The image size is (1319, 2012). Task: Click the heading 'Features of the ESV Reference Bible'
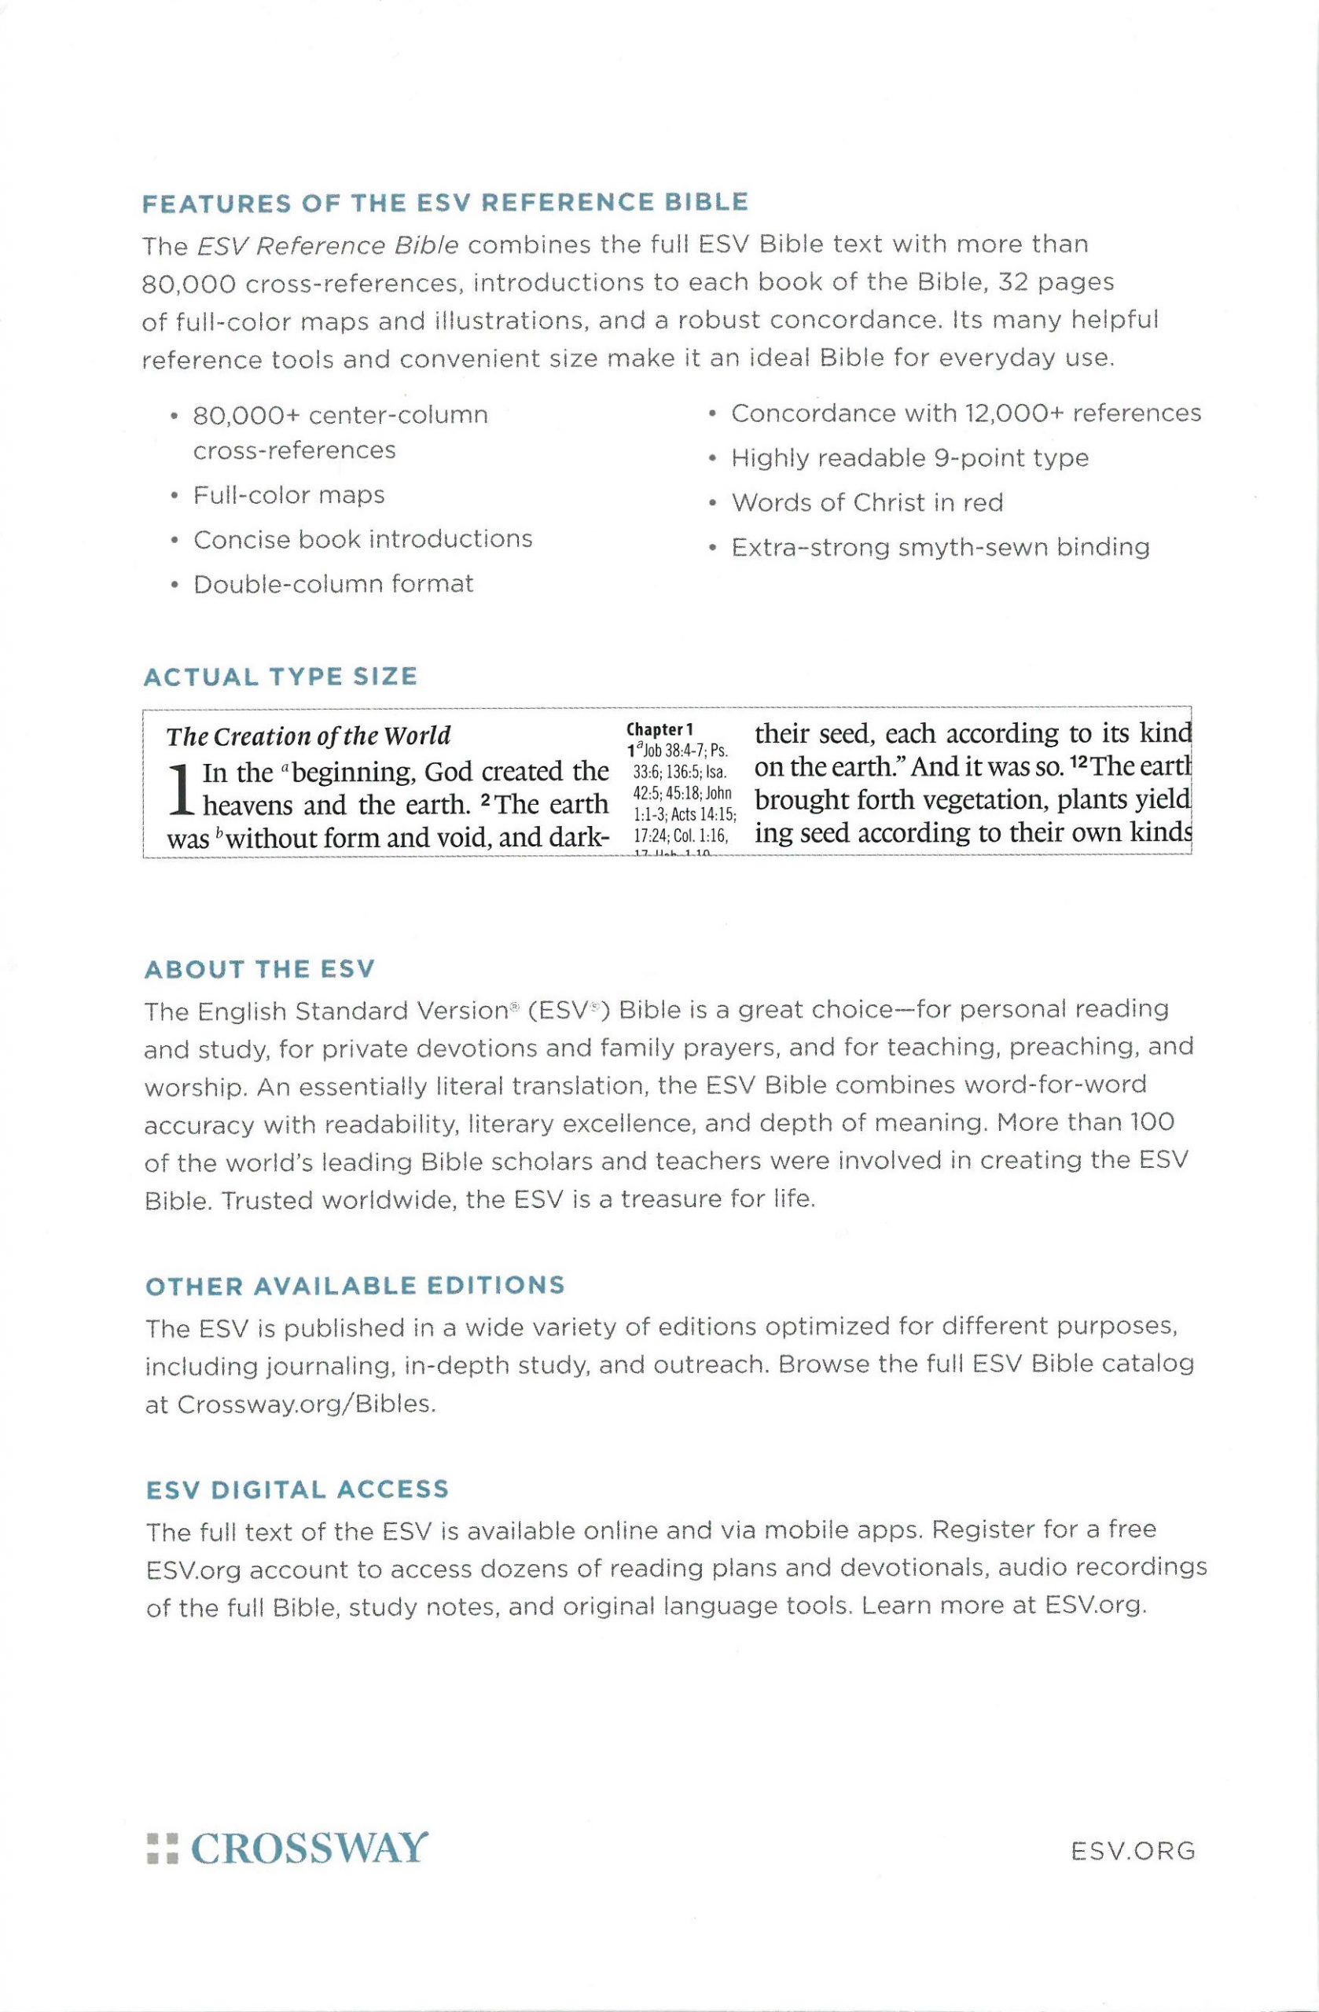[x=445, y=203]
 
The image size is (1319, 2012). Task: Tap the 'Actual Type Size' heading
[x=281, y=677]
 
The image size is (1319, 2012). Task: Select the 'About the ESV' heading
[x=259, y=969]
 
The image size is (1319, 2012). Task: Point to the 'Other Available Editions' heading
[x=355, y=1286]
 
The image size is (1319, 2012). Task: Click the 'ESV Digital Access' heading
[x=297, y=1489]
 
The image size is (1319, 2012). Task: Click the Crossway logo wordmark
[x=310, y=1849]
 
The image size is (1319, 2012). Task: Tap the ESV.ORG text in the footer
[x=1132, y=1852]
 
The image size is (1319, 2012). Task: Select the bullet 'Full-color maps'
[x=288, y=494]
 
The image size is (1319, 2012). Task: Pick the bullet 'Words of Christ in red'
[x=867, y=503]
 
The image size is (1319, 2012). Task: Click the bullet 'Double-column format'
[x=333, y=584]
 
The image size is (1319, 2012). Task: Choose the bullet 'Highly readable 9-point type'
[x=909, y=458]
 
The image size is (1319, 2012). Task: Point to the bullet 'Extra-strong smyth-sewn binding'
[x=940, y=548]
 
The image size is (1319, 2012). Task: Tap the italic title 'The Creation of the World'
[x=309, y=736]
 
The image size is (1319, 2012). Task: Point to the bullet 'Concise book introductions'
[x=362, y=539]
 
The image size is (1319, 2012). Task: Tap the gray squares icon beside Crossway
[x=163, y=1849]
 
